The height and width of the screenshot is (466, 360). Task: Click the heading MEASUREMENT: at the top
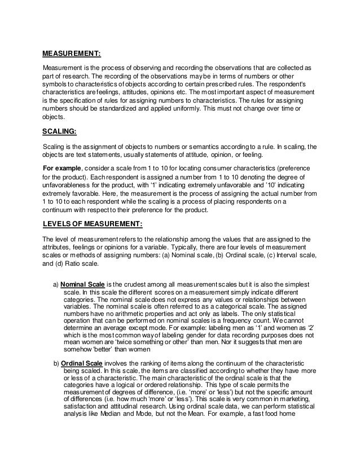[x=72, y=54]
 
